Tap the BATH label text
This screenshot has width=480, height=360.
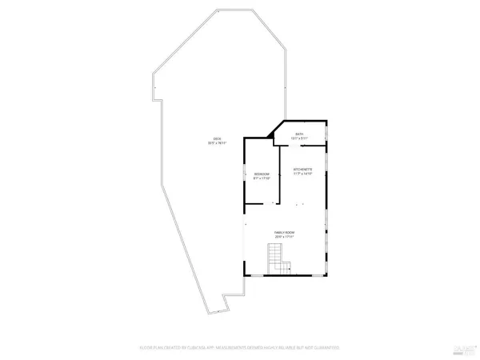(x=299, y=134)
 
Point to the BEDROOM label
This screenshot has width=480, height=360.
(x=262, y=174)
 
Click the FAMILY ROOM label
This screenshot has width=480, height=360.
(x=286, y=232)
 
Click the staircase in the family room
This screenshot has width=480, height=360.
(x=276, y=259)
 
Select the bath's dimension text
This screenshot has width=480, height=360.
(x=299, y=138)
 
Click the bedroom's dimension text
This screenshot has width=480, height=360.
(x=262, y=178)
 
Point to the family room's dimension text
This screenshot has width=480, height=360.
(x=286, y=237)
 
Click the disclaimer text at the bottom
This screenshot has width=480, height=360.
(x=240, y=348)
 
